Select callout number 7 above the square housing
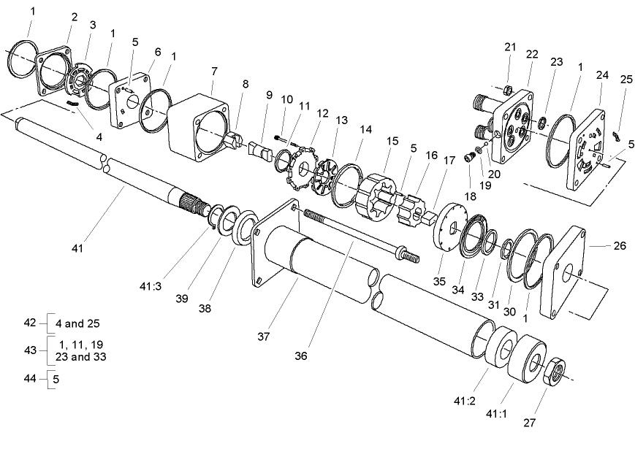point(214,71)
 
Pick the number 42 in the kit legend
point(30,322)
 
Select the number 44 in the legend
point(30,379)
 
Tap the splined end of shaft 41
point(191,203)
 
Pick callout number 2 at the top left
point(75,17)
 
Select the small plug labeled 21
point(506,90)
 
